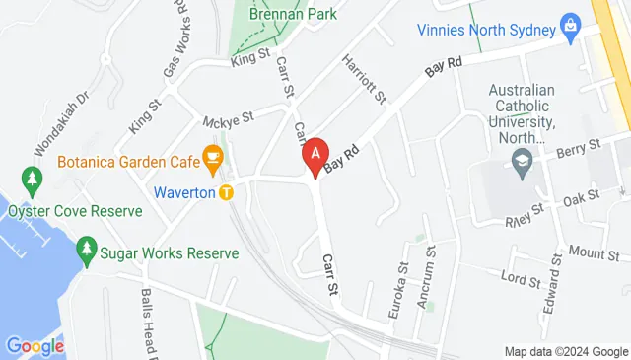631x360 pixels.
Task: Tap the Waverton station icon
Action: (226, 192)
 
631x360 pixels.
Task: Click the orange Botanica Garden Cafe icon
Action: (211, 156)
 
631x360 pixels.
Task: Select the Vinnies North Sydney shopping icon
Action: (569, 24)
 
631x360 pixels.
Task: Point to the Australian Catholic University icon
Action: (521, 166)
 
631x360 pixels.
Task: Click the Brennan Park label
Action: (293, 14)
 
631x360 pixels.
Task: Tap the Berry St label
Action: (578, 147)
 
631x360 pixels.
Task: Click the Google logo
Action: (35, 346)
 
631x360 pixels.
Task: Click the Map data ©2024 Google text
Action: (566, 352)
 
